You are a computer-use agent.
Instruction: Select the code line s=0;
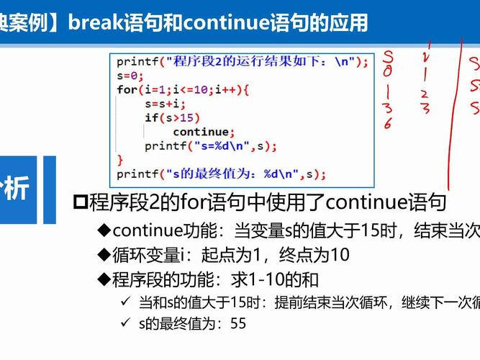130,76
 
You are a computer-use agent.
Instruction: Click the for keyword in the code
127,90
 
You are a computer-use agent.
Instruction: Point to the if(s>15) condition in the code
172,118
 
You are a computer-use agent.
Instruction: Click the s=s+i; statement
165,104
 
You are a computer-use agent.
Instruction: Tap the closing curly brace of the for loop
120,160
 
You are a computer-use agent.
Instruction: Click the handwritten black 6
387,123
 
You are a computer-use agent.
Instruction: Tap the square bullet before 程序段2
81,202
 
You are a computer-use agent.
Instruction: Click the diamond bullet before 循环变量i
104,254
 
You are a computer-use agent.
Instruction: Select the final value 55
238,324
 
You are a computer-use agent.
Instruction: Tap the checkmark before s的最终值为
126,324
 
